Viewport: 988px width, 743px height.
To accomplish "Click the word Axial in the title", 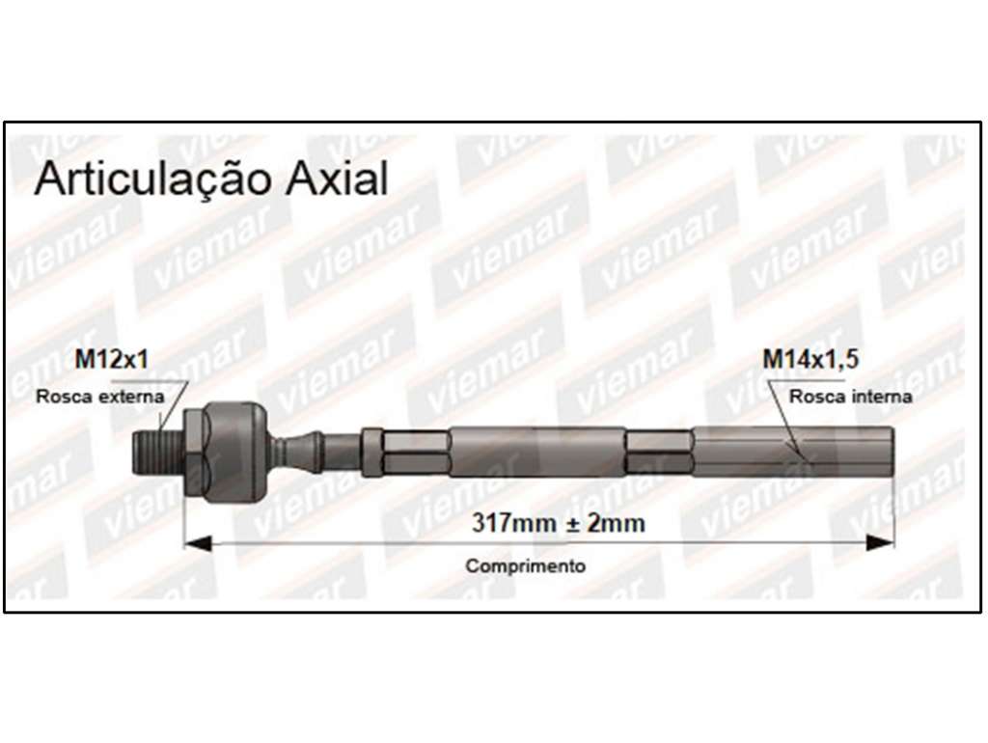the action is pos(337,179).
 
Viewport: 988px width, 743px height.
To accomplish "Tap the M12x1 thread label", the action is pos(112,359).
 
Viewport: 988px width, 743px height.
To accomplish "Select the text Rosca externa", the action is pos(100,397).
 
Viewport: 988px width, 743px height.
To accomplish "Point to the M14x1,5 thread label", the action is pos(810,359).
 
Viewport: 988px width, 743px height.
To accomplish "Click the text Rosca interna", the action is pos(851,397).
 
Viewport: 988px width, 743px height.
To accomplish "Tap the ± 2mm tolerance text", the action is pos(606,523).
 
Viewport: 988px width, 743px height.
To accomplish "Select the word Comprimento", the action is pos(526,565).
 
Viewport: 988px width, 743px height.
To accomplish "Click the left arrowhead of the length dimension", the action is pos(197,542).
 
